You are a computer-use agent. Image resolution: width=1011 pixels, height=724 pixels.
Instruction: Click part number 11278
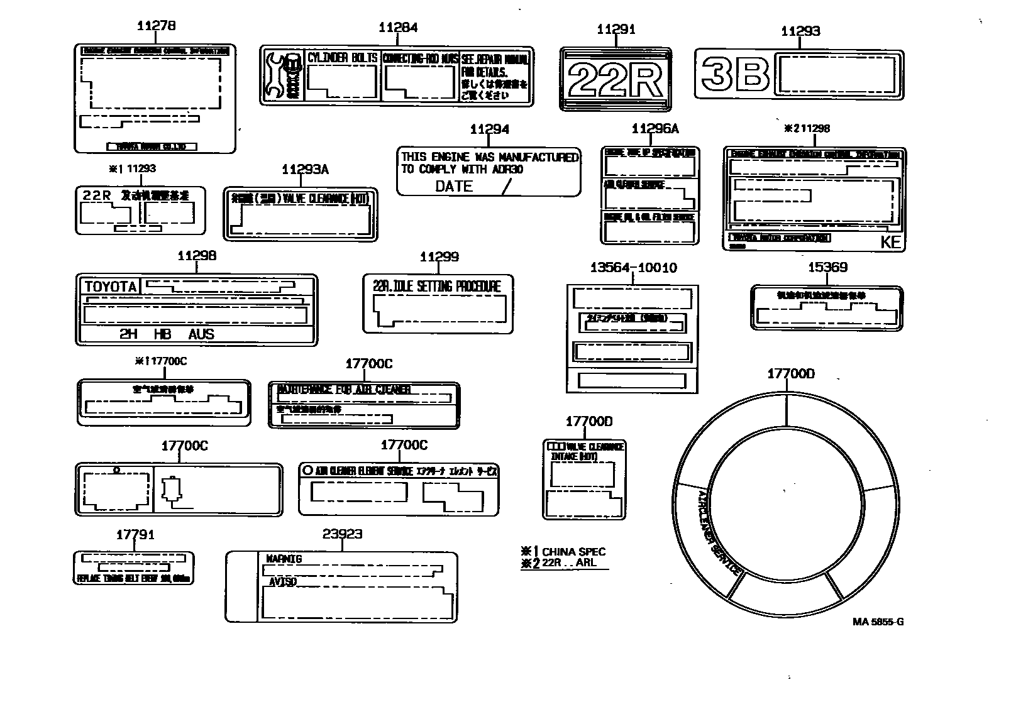(x=156, y=26)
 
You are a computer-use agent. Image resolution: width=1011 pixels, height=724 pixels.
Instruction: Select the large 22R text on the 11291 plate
(x=615, y=79)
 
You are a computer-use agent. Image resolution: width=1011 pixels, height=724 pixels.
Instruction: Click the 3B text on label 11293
(x=735, y=74)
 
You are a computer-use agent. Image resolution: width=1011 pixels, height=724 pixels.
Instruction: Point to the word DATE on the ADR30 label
(x=453, y=186)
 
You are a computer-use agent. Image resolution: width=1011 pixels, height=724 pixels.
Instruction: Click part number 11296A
(x=655, y=128)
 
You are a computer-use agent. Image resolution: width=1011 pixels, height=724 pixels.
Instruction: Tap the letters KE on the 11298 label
(x=890, y=243)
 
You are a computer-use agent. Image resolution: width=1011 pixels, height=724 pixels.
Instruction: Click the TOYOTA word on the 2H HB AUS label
(x=111, y=287)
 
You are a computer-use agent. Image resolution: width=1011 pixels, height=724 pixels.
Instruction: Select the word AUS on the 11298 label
(x=201, y=334)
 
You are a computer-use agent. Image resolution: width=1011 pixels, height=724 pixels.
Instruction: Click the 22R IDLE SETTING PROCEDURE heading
(x=437, y=287)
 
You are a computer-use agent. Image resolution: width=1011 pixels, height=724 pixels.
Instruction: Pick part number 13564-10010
(x=633, y=268)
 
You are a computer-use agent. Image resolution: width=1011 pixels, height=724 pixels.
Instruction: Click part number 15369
(x=827, y=267)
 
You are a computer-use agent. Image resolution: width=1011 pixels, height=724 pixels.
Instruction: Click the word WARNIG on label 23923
(x=284, y=559)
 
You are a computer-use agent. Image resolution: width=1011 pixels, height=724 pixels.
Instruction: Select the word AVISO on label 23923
(x=282, y=582)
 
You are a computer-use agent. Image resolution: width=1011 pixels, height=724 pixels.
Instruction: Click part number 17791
(x=135, y=535)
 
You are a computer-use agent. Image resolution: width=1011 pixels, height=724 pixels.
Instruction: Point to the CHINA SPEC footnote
(x=573, y=552)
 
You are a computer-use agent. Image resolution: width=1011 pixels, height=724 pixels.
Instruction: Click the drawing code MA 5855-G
(x=878, y=622)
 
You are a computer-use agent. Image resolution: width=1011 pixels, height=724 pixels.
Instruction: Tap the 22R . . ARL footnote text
(x=568, y=562)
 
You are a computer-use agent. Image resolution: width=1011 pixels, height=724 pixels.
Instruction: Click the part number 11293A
(x=305, y=170)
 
